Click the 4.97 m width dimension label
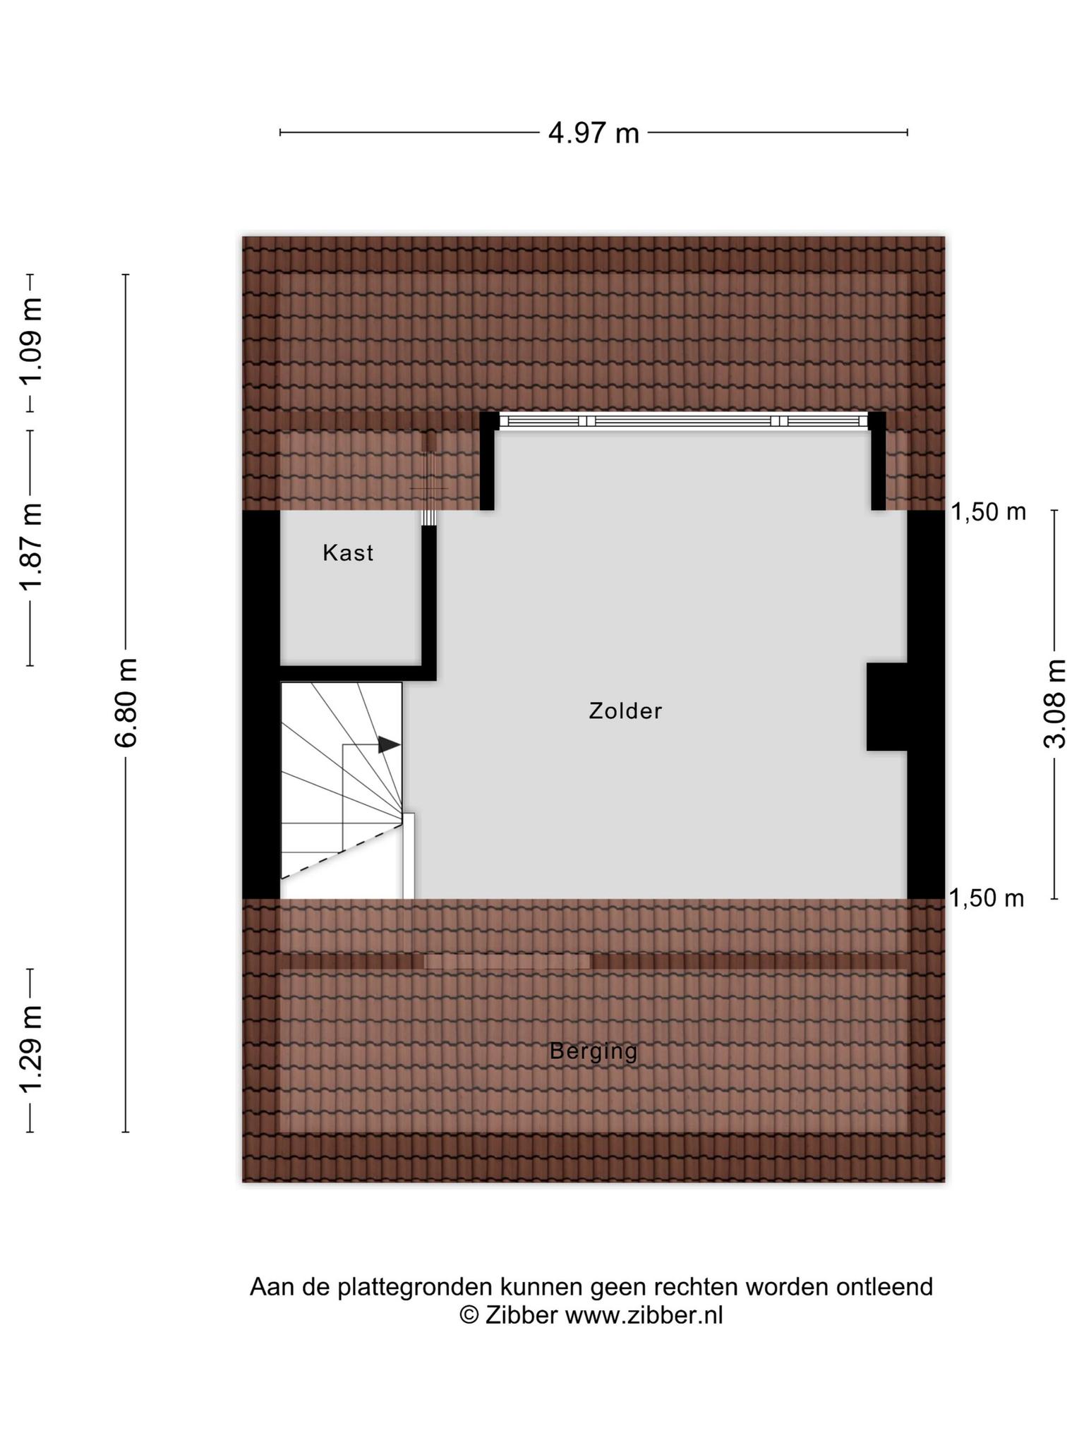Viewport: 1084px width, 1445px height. pyautogui.click(x=594, y=133)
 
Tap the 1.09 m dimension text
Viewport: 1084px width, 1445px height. pyautogui.click(x=30, y=341)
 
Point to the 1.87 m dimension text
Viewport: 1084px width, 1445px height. pyautogui.click(x=30, y=548)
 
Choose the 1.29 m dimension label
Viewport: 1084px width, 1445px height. pyautogui.click(x=30, y=1049)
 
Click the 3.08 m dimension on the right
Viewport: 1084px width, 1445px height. pyautogui.click(x=1055, y=703)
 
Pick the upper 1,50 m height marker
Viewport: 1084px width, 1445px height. pyautogui.click(x=989, y=512)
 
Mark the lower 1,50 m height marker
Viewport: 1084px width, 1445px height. pyautogui.click(x=987, y=898)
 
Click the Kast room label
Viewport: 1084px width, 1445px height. pyautogui.click(x=348, y=552)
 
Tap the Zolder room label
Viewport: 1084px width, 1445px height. pyautogui.click(x=626, y=711)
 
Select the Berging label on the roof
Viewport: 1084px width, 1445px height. pyautogui.click(x=594, y=1051)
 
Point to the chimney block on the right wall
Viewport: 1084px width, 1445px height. pyautogui.click(x=887, y=706)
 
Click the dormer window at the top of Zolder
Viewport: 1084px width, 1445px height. pyautogui.click(x=684, y=421)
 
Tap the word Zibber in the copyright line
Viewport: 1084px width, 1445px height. pyautogui.click(x=521, y=1315)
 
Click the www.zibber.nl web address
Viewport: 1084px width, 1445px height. pyautogui.click(x=644, y=1315)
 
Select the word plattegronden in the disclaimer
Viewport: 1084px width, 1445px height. pyautogui.click(x=415, y=1287)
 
